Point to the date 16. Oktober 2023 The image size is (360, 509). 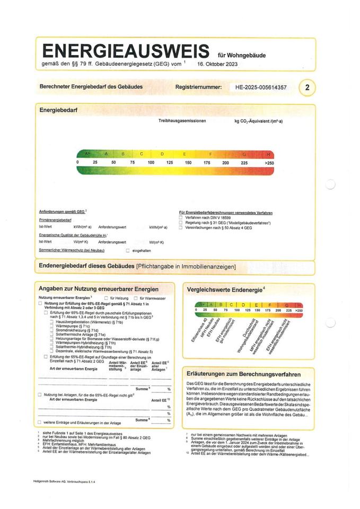217,63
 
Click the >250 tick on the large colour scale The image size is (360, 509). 269,162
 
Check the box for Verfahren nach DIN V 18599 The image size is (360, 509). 181,218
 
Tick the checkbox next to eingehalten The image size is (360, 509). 127,250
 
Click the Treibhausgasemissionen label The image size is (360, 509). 182,121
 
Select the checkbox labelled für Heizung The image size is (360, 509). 106,299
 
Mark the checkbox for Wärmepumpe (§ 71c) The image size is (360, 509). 52,326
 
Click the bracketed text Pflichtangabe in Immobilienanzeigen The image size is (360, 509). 186,266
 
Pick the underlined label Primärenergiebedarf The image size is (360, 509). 55,220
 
